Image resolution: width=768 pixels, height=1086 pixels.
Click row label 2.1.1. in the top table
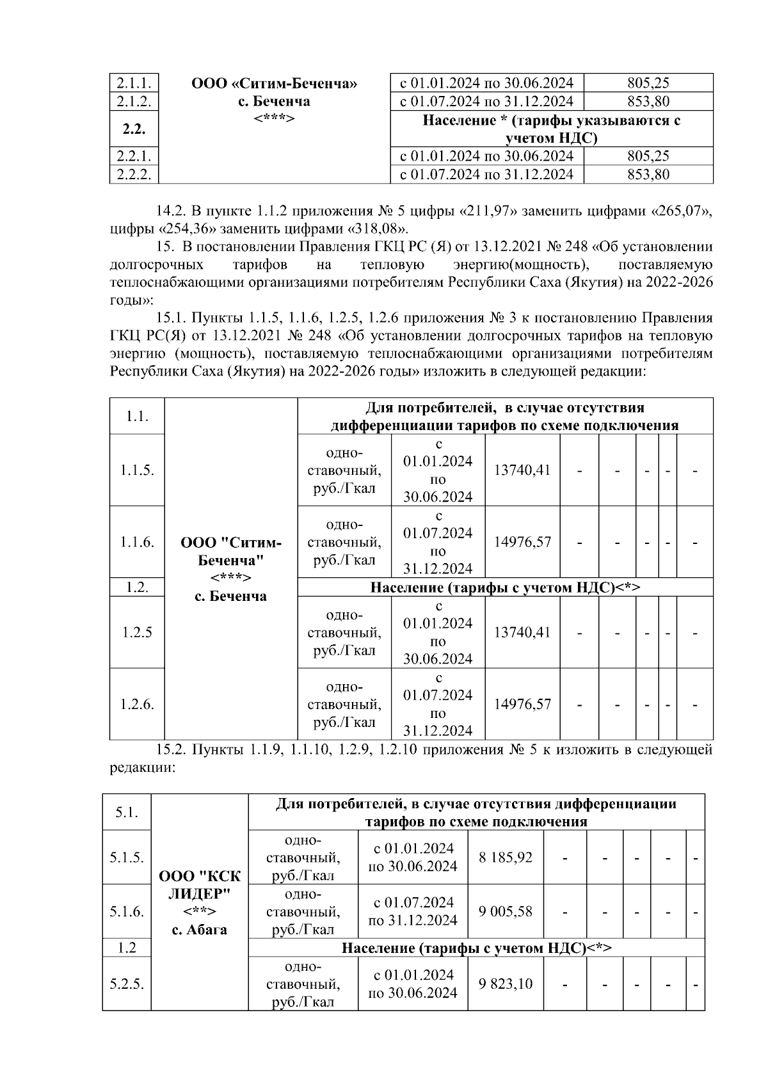pyautogui.click(x=133, y=83)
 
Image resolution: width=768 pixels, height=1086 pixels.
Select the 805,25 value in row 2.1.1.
pyautogui.click(x=648, y=83)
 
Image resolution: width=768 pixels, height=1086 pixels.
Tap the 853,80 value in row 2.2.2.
pyautogui.click(x=648, y=174)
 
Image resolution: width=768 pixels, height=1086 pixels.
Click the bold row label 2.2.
pyautogui.click(x=133, y=129)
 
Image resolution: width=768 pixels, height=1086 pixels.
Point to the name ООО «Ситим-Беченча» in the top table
pyautogui.click(x=274, y=83)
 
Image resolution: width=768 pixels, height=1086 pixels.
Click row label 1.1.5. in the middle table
pyautogui.click(x=137, y=470)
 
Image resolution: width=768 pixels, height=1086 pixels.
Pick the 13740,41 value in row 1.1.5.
pyautogui.click(x=522, y=470)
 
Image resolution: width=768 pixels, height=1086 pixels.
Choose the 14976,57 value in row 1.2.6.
pyautogui.click(x=522, y=705)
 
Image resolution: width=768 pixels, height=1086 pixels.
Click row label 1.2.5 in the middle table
pyautogui.click(x=137, y=633)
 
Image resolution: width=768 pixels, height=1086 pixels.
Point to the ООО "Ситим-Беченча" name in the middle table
pyautogui.click(x=231, y=552)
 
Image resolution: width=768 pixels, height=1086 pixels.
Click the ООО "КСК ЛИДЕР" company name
pyautogui.click(x=200, y=884)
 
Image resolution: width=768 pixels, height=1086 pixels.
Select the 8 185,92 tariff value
pyautogui.click(x=506, y=857)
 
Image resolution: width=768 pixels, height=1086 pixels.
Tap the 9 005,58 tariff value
pyautogui.click(x=506, y=911)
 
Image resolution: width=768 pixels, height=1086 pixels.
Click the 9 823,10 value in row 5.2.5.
pyautogui.click(x=506, y=984)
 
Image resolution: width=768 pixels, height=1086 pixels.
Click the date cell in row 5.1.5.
pyautogui.click(x=413, y=857)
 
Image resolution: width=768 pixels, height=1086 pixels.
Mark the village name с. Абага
pyautogui.click(x=200, y=929)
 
